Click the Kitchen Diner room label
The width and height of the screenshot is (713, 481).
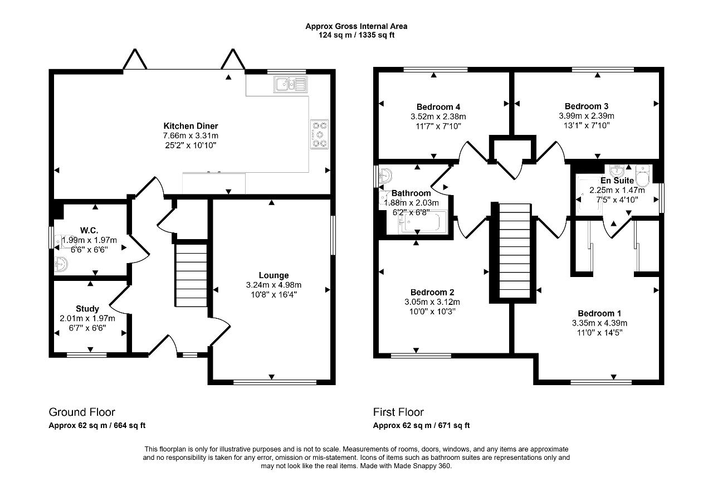tap(191, 126)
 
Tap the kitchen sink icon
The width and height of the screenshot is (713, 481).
tap(291, 84)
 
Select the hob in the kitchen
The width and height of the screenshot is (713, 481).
tap(319, 134)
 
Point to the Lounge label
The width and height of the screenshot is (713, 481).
tap(274, 275)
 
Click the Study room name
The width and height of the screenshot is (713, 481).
tap(87, 309)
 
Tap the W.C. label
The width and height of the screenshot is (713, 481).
tap(89, 230)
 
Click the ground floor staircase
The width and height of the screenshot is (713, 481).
tap(191, 275)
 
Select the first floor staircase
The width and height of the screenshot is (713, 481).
tap(514, 251)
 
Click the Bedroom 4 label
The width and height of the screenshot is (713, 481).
tap(438, 106)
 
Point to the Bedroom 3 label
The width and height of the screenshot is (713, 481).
tap(587, 106)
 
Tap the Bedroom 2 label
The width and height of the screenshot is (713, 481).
tap(432, 292)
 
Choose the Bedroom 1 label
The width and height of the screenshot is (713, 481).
tap(599, 313)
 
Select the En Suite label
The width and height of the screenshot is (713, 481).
tap(617, 181)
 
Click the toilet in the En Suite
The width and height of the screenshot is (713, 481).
tap(642, 176)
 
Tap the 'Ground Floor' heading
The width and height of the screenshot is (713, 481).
tap(82, 412)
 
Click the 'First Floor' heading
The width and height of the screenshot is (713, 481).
tap(398, 412)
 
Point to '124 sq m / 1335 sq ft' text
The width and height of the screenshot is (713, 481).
tap(356, 35)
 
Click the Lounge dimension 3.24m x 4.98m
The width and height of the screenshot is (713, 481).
tap(274, 285)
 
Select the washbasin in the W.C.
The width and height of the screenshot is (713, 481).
tap(61, 264)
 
